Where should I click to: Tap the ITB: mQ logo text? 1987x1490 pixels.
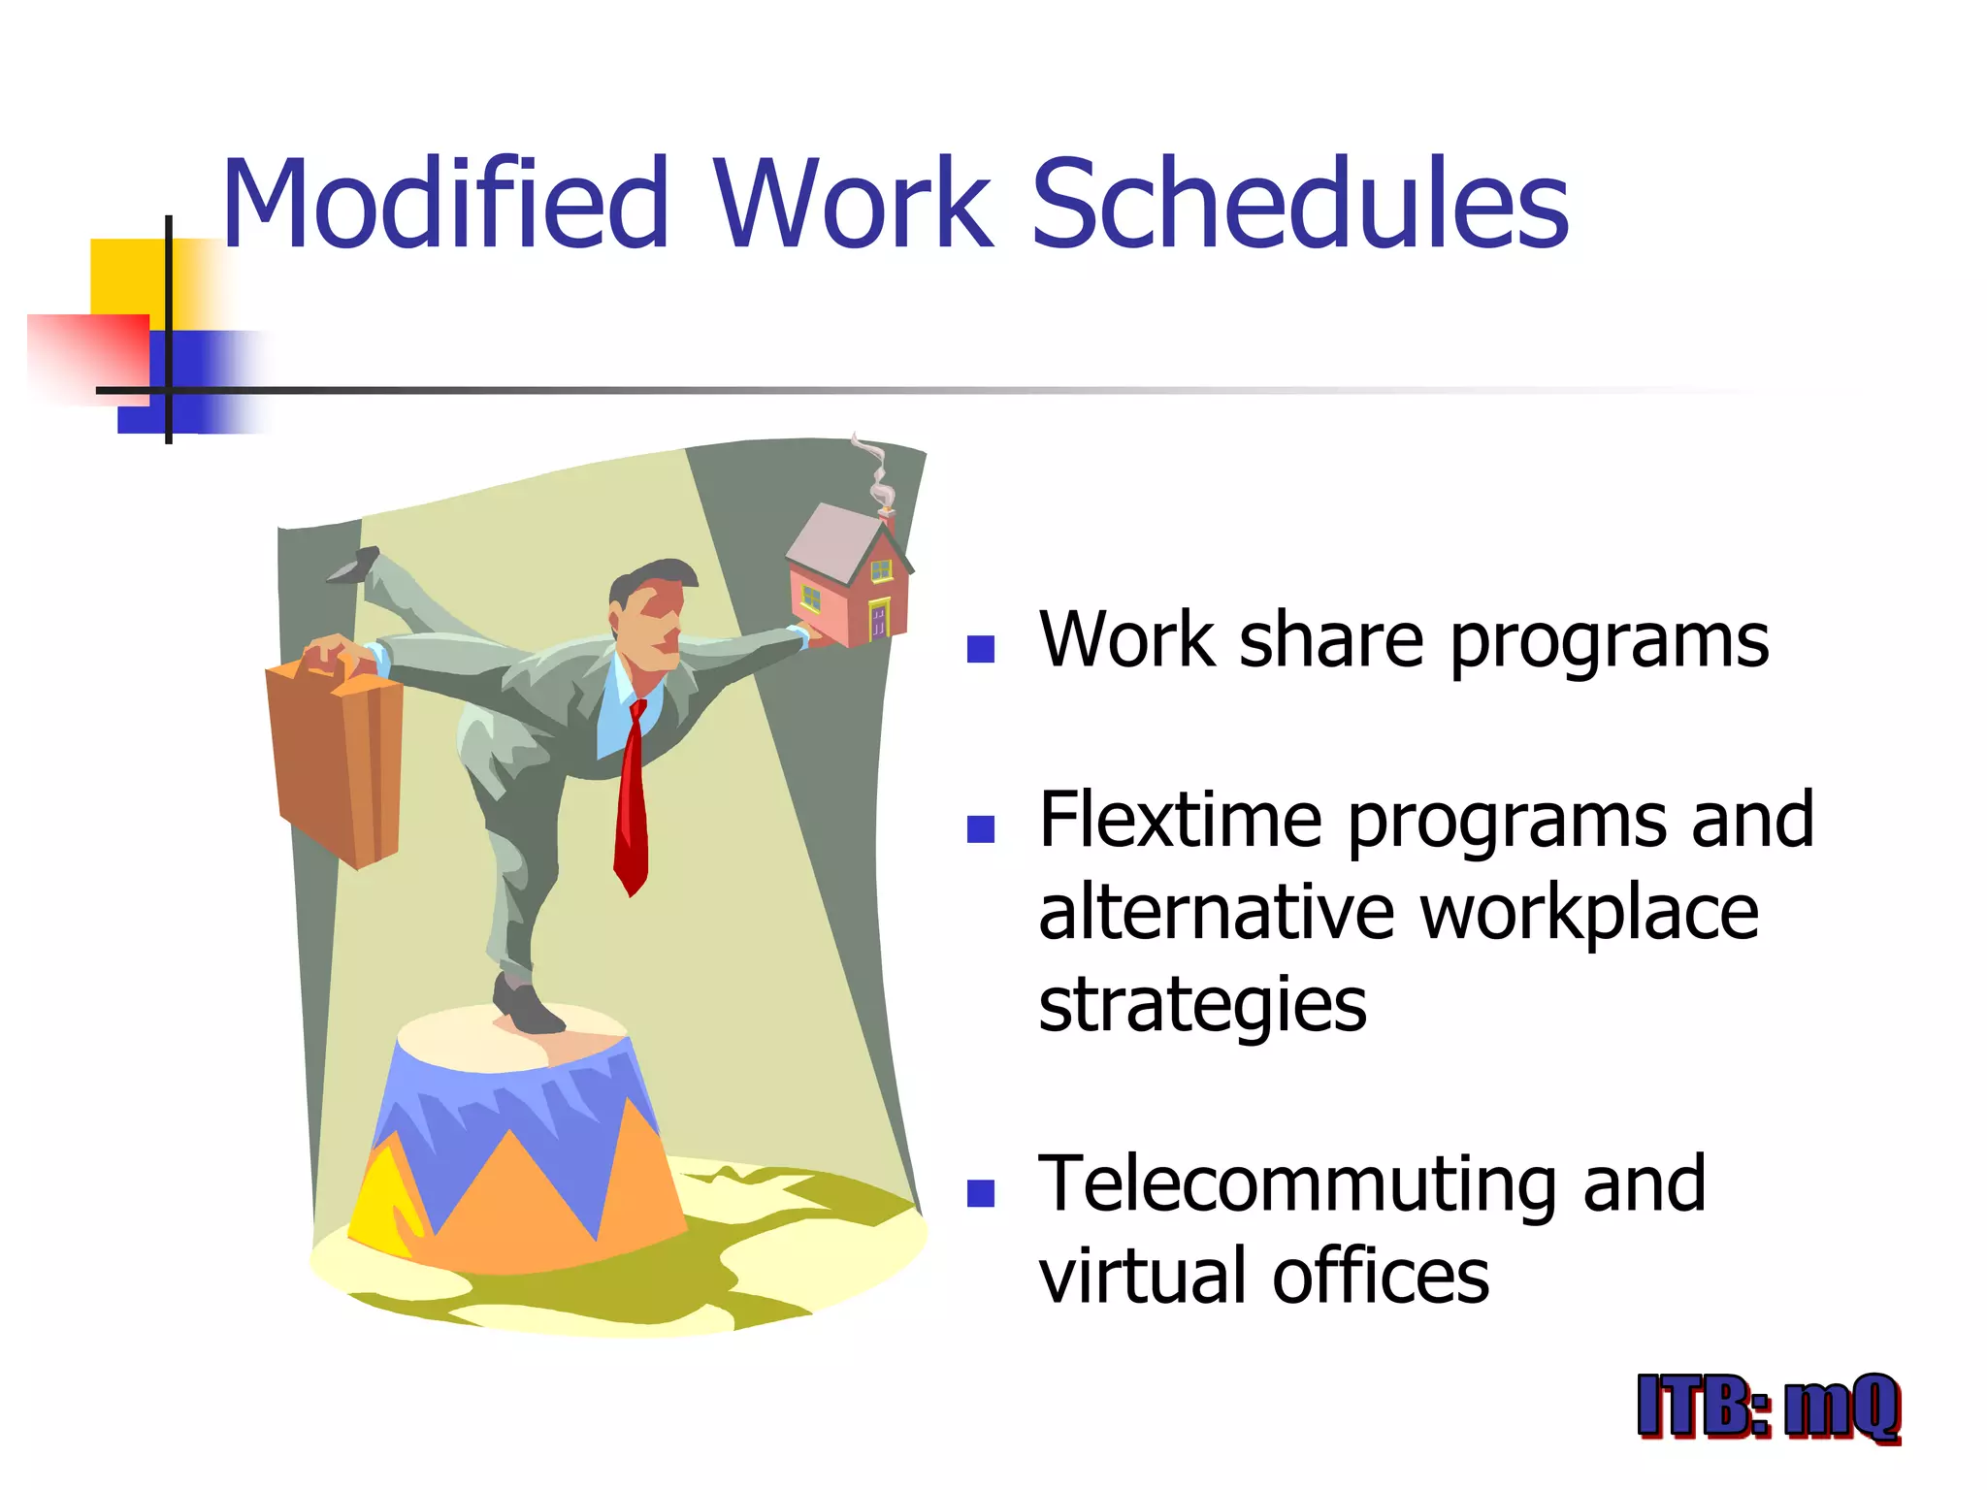(1768, 1407)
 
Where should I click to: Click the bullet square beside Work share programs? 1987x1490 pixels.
(981, 649)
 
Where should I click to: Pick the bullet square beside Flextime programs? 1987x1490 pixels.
(981, 829)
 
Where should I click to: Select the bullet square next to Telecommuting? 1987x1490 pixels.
(981, 1193)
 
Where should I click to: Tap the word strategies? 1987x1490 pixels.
(1202, 1006)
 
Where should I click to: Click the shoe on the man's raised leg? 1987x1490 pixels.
(355, 566)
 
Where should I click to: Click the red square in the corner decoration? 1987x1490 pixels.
(92, 354)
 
